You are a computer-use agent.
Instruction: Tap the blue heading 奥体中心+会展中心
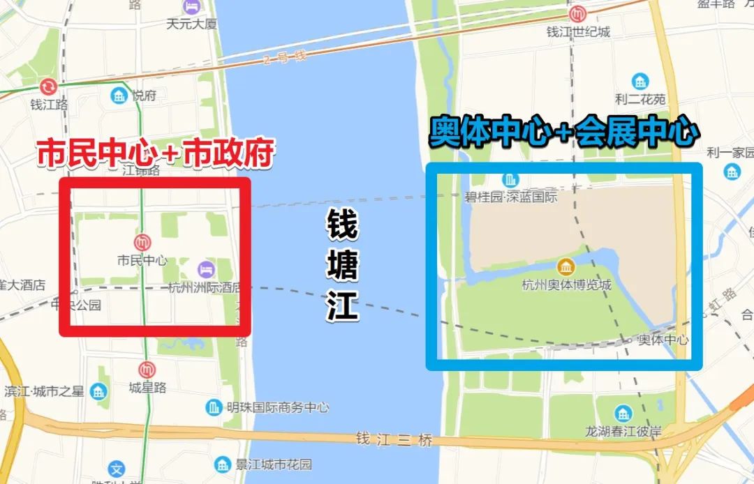(564, 131)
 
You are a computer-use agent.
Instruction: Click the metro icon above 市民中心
(142, 242)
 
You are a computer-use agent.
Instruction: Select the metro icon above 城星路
(147, 370)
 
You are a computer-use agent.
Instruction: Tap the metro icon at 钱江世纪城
(577, 14)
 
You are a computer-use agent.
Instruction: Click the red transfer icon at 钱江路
(48, 87)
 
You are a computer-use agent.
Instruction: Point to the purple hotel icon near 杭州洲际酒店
(205, 269)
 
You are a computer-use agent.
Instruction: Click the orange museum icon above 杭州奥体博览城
(565, 266)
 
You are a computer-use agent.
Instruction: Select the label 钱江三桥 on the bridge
(394, 440)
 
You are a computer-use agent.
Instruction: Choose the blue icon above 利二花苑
(639, 82)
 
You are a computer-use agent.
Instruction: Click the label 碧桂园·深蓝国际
(511, 197)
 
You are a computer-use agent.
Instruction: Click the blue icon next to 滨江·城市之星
(101, 389)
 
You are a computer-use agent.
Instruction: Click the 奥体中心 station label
(663, 340)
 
